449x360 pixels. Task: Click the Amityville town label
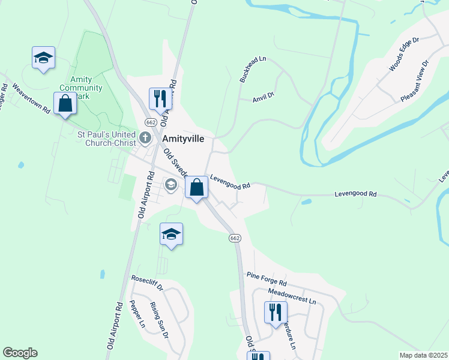(x=184, y=138)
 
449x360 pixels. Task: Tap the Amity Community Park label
(x=86, y=88)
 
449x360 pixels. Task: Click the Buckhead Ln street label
(x=252, y=70)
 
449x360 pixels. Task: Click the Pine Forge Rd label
(x=267, y=278)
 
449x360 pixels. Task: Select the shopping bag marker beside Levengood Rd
(x=196, y=188)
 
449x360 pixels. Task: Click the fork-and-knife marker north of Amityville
(x=160, y=98)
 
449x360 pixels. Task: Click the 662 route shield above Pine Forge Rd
(x=235, y=238)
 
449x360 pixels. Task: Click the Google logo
(x=20, y=352)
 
